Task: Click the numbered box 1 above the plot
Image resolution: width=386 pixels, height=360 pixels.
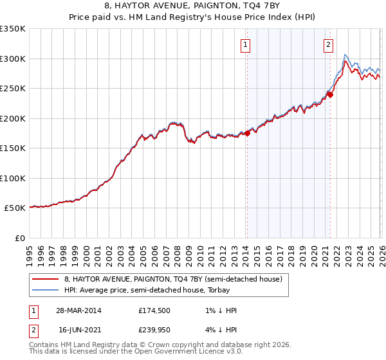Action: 246,45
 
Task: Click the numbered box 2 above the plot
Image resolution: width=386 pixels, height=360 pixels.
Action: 328,45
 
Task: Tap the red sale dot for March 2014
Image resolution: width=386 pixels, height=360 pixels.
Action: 247,134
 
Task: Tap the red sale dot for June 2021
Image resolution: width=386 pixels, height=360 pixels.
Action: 329,94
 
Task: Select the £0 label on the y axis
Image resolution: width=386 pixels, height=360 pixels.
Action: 19,238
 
